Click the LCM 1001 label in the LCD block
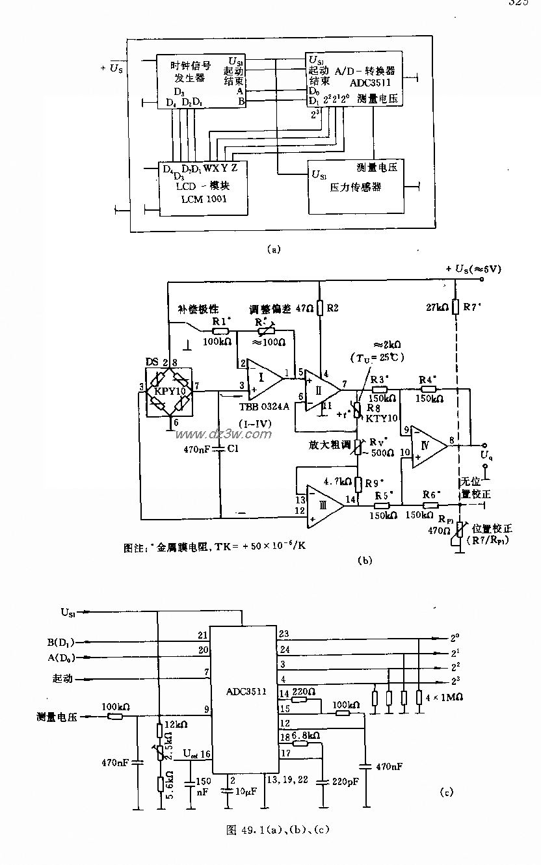[204, 199]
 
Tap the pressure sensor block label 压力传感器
[355, 187]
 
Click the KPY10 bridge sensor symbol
[169, 392]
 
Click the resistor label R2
[332, 307]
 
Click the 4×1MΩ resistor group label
[445, 697]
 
